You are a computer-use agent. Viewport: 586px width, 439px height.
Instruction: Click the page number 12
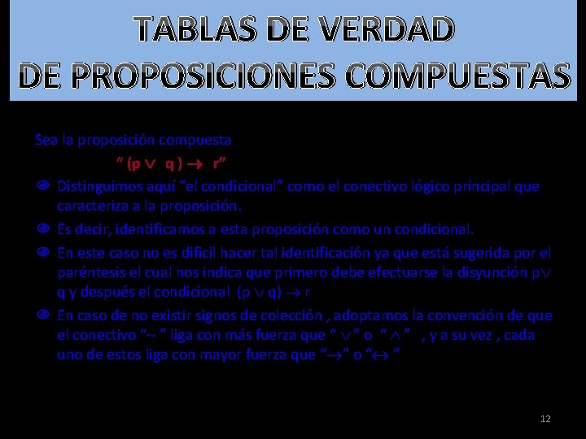pyautogui.click(x=545, y=418)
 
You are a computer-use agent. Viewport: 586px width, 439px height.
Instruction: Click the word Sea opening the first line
pyautogui.click(x=46, y=139)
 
